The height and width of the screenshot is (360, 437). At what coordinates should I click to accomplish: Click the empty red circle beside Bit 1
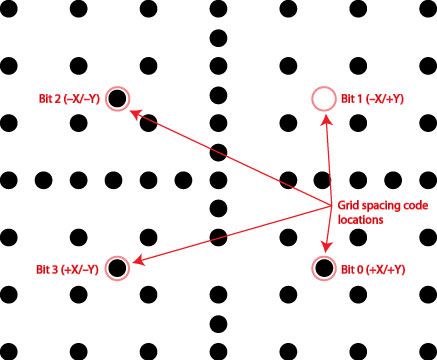(x=322, y=98)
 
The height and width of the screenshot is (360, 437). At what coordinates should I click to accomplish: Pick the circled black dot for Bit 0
(x=322, y=267)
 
